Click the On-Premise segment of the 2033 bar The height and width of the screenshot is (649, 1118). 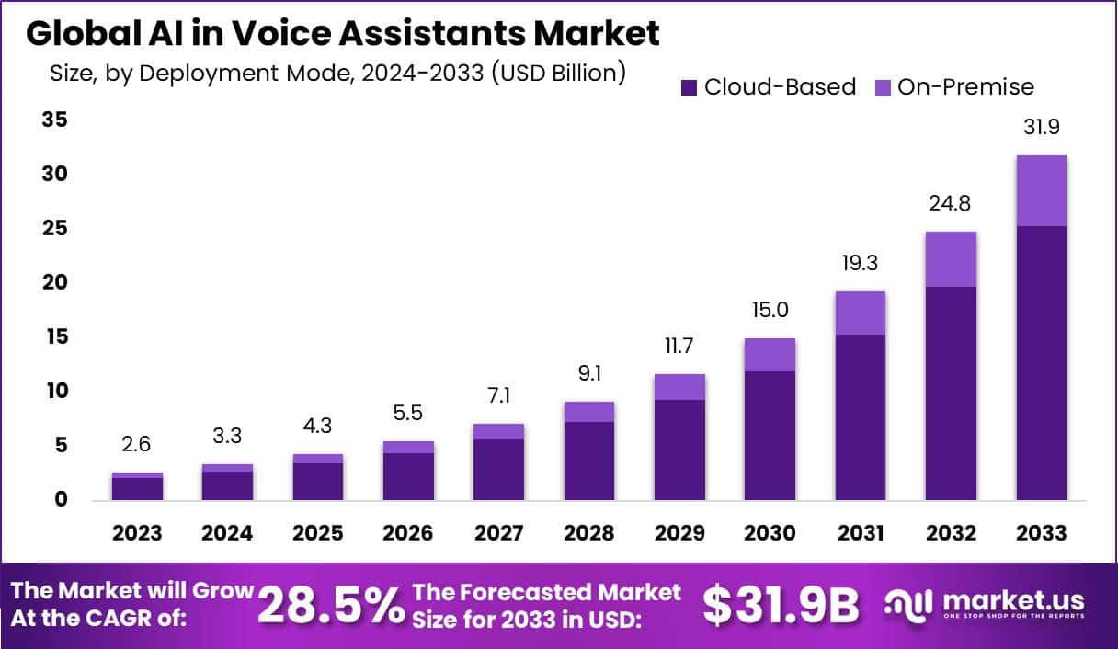[1041, 191]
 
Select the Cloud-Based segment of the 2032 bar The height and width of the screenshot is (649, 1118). [951, 393]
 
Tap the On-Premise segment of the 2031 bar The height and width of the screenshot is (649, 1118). [861, 313]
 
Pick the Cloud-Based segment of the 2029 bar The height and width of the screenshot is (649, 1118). [679, 450]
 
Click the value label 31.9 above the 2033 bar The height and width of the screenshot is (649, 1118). [1041, 128]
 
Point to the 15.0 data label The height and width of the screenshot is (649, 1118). [770, 311]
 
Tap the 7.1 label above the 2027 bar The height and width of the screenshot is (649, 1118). [499, 396]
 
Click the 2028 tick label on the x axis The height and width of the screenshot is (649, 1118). [589, 533]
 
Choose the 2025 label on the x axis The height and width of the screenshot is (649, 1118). [318, 533]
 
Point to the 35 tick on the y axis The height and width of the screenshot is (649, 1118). [54, 120]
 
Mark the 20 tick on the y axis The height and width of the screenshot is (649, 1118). [54, 282]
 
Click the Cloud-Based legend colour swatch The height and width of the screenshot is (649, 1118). [689, 87]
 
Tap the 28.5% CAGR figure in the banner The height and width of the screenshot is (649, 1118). [331, 605]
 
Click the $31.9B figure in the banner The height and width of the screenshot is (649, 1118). [781, 605]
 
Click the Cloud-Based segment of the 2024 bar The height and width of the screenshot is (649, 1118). [228, 485]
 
